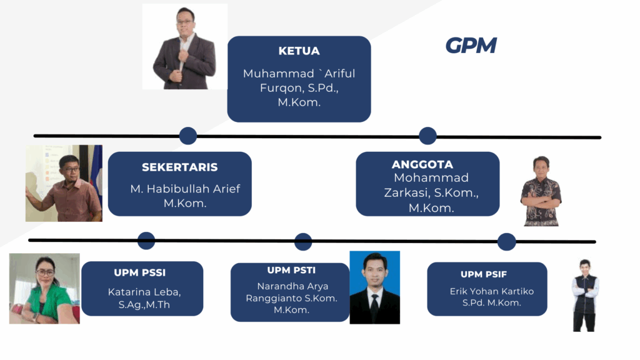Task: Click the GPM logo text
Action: click(471, 45)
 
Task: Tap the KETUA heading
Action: click(299, 51)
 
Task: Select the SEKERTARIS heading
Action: click(179, 167)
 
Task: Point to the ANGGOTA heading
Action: click(422, 164)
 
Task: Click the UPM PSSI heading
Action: click(139, 272)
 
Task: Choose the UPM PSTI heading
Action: click(291, 270)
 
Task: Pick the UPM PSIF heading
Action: click(484, 274)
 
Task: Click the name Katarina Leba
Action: click(144, 292)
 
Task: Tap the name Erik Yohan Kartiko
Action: click(491, 291)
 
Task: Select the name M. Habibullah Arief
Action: click(185, 189)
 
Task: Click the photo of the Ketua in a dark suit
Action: click(184, 46)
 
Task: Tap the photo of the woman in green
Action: click(44, 289)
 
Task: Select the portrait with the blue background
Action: click(375, 287)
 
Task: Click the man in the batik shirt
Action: click(541, 191)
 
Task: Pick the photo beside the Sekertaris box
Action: click(64, 183)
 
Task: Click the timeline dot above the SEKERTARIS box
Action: click(187, 136)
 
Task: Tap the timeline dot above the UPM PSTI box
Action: click(303, 242)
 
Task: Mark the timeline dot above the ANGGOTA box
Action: click(427, 136)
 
